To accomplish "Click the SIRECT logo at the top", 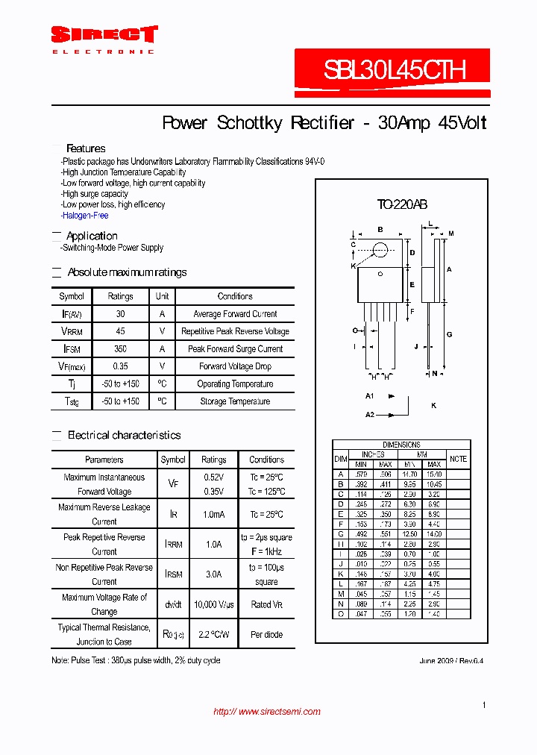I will [x=104, y=35].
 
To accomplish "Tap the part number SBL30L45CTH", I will [x=395, y=70].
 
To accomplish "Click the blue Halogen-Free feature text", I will [x=86, y=216].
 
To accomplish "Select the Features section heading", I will [x=86, y=148].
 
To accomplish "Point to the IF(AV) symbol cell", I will [x=72, y=314].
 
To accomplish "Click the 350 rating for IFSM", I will [x=120, y=349].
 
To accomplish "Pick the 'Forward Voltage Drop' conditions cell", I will [x=235, y=366].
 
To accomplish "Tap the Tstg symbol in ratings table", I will [x=72, y=401].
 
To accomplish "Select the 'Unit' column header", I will [x=162, y=296].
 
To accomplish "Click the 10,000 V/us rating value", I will [x=214, y=604].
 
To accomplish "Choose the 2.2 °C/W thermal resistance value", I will [x=214, y=635].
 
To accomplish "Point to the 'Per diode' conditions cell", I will [x=266, y=635].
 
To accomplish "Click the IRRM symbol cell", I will [x=173, y=545].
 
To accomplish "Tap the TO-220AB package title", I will [x=401, y=204].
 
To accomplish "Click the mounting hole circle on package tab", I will [x=380, y=249].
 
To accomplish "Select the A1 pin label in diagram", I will [x=370, y=395].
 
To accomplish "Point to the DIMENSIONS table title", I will [x=401, y=445].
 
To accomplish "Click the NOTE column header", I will [x=458, y=459].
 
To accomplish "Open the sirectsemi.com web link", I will [x=267, y=712].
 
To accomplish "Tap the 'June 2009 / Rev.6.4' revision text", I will [x=446, y=661].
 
